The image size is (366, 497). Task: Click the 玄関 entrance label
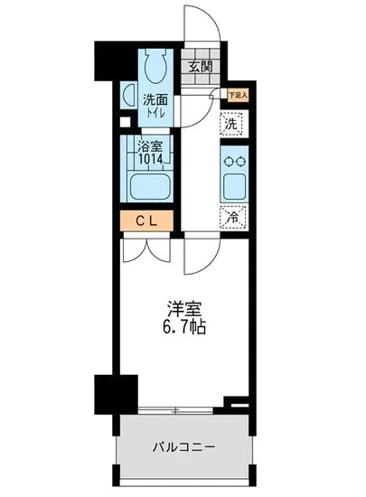[x=201, y=65]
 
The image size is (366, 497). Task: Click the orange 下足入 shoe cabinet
[x=237, y=94]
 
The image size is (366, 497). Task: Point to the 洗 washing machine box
[x=232, y=125]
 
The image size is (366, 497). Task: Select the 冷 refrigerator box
[x=232, y=217]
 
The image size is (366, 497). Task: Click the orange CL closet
[x=145, y=220]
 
